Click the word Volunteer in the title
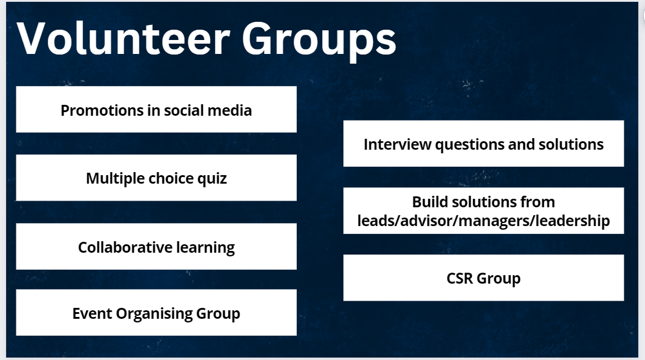123,39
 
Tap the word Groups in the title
319,41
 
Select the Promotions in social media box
156,110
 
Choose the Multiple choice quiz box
156,178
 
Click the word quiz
212,179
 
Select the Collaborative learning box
156,247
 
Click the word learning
205,248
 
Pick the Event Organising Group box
156,312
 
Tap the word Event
92,313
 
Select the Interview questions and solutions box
483,144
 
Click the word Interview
397,144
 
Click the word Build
429,202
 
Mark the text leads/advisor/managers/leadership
483,221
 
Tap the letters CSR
460,279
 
